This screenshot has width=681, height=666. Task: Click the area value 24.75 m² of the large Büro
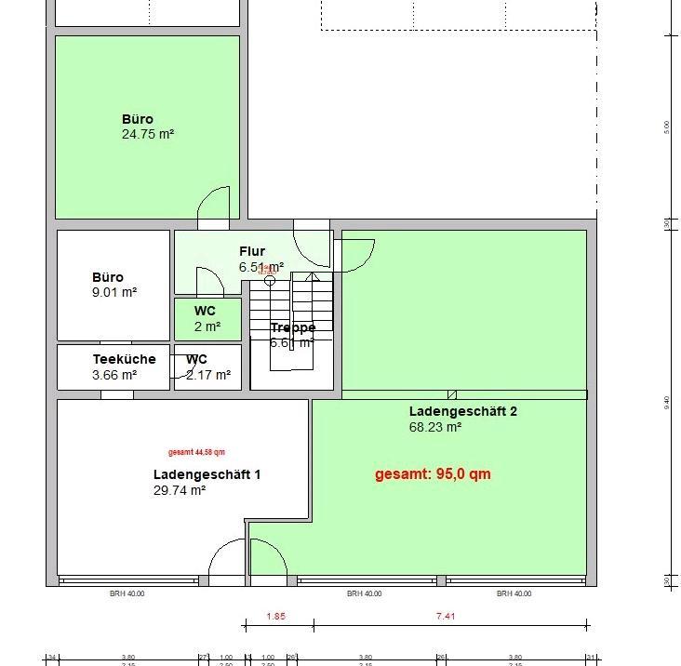click(147, 134)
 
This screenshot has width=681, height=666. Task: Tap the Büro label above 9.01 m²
click(107, 277)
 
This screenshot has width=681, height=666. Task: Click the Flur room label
click(252, 251)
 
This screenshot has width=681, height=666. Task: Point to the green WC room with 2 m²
click(207, 319)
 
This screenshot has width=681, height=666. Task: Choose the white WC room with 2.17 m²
click(207, 367)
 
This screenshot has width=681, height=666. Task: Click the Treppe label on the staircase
click(293, 327)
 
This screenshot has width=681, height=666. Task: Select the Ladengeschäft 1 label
click(207, 474)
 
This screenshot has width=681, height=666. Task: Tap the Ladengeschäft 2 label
click(462, 411)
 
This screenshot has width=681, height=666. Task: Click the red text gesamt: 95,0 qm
click(433, 474)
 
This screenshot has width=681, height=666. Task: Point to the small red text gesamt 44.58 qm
click(196, 454)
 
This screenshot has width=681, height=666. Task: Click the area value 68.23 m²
click(435, 428)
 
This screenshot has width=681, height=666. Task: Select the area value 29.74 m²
click(180, 490)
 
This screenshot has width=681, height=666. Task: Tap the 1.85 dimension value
click(276, 616)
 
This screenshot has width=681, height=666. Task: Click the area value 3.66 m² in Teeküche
click(114, 376)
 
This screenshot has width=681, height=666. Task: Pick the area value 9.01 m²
click(114, 292)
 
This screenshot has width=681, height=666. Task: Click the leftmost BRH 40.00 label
click(127, 593)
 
